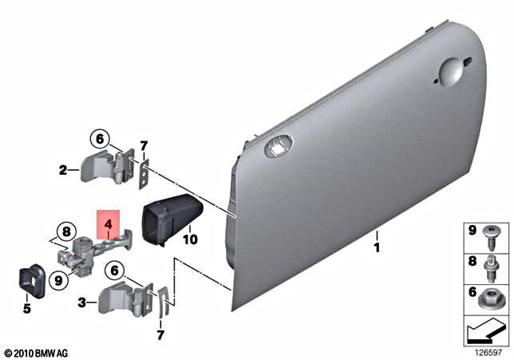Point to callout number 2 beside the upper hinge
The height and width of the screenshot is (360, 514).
tap(61, 169)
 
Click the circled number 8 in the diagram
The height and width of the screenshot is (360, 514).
tap(65, 233)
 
